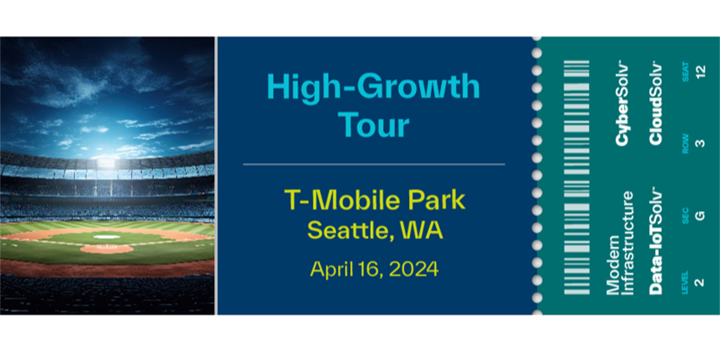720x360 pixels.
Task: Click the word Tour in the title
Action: [x=374, y=125]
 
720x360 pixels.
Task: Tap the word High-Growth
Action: [x=373, y=88]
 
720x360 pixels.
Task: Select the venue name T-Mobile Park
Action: [x=375, y=200]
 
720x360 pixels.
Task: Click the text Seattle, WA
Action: [x=375, y=230]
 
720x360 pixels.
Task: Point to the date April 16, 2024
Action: [x=374, y=269]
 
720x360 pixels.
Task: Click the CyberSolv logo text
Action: [x=622, y=103]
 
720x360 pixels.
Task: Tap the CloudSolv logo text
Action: [x=655, y=103]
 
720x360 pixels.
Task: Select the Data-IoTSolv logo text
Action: [x=655, y=241]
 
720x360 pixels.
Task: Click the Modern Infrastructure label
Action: [x=620, y=243]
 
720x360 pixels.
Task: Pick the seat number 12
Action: [x=700, y=71]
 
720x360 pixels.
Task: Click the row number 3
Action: [x=700, y=143]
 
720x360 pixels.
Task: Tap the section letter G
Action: [x=700, y=215]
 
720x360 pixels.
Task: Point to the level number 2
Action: [x=700, y=283]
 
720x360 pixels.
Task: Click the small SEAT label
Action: [x=685, y=72]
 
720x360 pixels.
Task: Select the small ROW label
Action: [x=685, y=143]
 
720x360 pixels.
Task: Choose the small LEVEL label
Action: [x=685, y=283]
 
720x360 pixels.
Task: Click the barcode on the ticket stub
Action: [x=577, y=177]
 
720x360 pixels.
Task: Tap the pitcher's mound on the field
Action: [x=107, y=248]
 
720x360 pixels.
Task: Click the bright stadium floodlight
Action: [x=106, y=163]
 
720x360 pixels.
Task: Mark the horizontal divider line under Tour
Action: [x=374, y=164]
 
